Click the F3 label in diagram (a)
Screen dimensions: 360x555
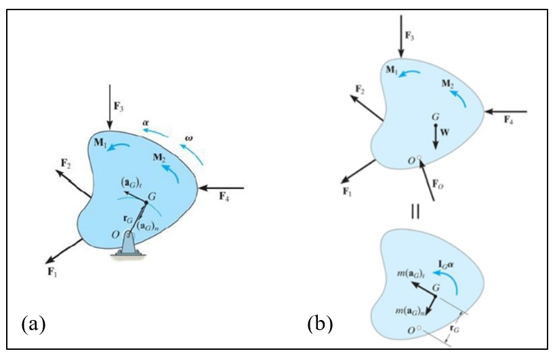coord(119,107)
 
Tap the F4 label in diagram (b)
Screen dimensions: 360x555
coord(508,119)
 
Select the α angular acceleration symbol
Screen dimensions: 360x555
coord(146,122)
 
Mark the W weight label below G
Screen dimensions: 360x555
coord(445,134)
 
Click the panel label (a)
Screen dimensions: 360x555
coord(34,323)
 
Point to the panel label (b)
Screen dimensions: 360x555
coord(321,323)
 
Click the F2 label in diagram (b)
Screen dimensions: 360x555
coord(360,90)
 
